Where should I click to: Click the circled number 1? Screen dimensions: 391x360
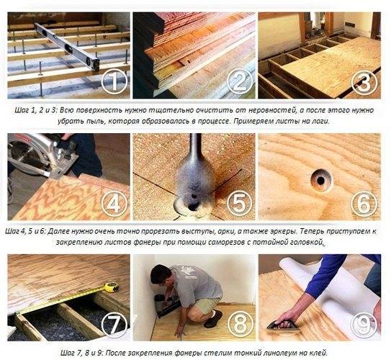(x=114, y=82)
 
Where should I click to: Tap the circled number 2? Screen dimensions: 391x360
(x=239, y=82)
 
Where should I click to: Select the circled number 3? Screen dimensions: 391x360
(x=364, y=82)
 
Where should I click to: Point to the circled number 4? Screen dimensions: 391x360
(x=114, y=204)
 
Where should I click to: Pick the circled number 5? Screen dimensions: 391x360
(x=239, y=204)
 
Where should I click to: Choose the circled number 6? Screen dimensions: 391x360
(x=364, y=204)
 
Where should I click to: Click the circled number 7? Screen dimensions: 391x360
(x=114, y=324)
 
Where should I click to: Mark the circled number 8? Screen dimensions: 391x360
(x=239, y=324)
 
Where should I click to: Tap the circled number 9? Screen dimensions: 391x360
(x=364, y=324)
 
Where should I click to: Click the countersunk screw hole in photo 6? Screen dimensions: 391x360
(x=320, y=178)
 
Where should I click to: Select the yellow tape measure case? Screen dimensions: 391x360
(x=111, y=287)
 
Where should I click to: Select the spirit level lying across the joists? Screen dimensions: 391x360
(x=68, y=46)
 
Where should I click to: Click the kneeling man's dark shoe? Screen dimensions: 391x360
(x=212, y=319)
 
